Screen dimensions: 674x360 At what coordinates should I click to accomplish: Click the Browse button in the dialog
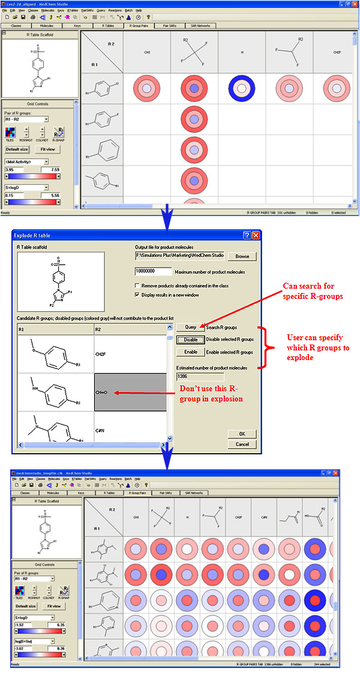(x=242, y=256)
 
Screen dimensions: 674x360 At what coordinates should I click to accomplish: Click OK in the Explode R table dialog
(x=242, y=433)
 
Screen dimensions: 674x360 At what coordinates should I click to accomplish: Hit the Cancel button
(x=242, y=444)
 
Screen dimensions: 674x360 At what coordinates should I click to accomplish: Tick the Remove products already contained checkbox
(x=138, y=286)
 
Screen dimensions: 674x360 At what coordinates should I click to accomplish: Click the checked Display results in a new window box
(x=138, y=295)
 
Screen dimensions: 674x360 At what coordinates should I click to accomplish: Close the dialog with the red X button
(x=256, y=235)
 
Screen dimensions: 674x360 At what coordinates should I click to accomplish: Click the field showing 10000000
(x=154, y=271)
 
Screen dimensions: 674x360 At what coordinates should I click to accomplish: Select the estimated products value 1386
(x=199, y=376)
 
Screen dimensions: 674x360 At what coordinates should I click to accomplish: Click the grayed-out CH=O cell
(x=130, y=392)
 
